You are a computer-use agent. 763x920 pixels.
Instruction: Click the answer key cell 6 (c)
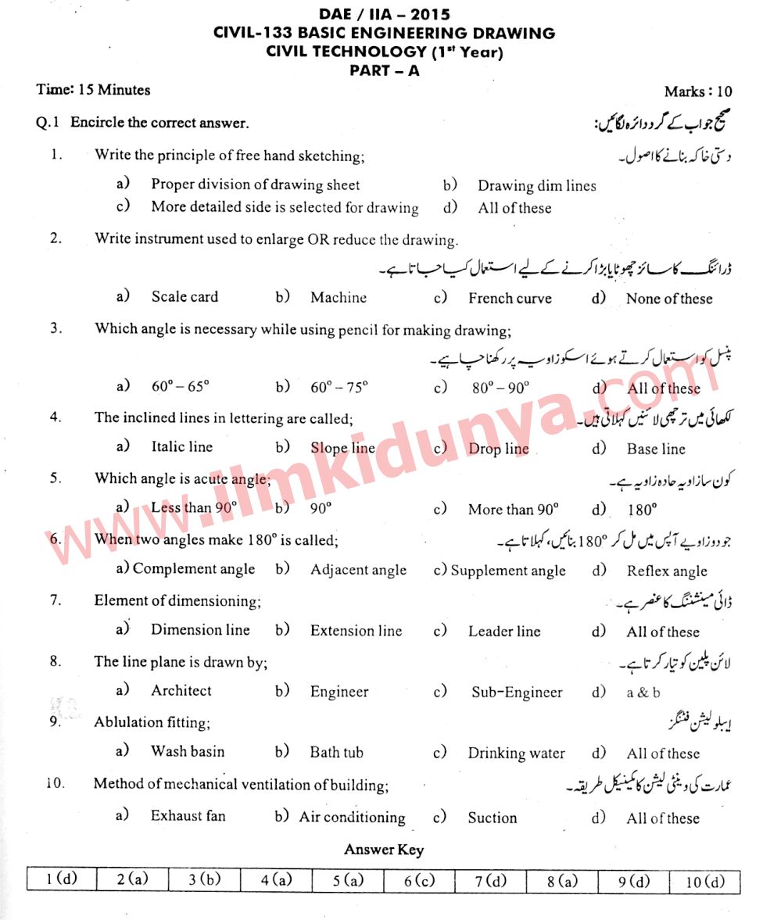tap(419, 880)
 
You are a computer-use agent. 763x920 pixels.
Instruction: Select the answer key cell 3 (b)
tap(204, 879)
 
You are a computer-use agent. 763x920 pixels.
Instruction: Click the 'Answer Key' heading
tap(384, 850)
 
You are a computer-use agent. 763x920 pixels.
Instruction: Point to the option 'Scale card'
tap(184, 297)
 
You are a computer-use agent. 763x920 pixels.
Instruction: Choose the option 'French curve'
tap(510, 299)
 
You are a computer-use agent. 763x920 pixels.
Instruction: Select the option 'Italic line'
tap(181, 447)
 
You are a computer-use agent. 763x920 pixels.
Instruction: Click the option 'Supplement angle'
tap(507, 571)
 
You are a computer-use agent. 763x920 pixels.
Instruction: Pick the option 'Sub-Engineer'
tap(517, 693)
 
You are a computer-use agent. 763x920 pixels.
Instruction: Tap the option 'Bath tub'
tap(336, 753)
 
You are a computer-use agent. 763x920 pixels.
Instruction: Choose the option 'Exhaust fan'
tap(188, 816)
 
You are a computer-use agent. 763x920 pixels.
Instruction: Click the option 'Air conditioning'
tap(352, 818)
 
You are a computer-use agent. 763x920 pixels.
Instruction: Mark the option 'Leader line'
tap(504, 631)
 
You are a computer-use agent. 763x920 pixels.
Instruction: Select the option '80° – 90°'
tap(500, 388)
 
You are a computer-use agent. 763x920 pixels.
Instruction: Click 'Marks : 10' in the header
tap(698, 91)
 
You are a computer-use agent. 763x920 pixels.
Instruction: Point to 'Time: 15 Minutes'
tap(93, 90)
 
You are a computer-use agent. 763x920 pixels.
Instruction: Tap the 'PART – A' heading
tap(384, 70)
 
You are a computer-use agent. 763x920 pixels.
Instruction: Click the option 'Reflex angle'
tap(666, 571)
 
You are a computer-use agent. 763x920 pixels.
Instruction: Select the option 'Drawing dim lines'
tap(536, 186)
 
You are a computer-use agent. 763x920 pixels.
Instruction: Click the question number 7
tap(56, 600)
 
